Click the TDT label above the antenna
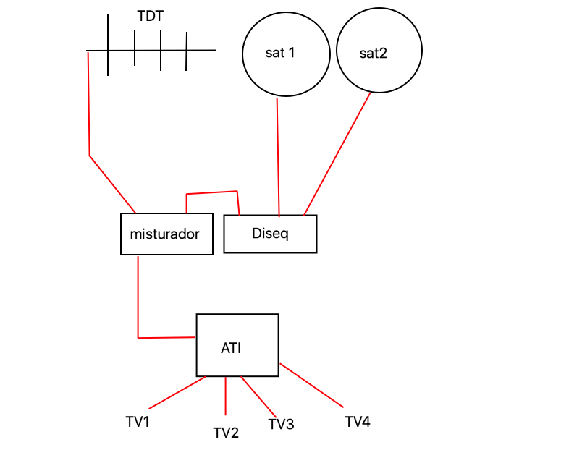click(150, 16)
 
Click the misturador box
click(166, 234)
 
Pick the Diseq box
click(270, 234)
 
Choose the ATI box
click(237, 345)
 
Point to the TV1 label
click(137, 420)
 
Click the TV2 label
click(226, 433)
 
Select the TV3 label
click(281, 425)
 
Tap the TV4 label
click(358, 421)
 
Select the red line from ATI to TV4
click(311, 384)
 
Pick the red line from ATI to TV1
click(177, 392)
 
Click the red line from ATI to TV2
click(226, 395)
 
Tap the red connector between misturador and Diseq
click(212, 193)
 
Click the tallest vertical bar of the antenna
click(109, 43)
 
